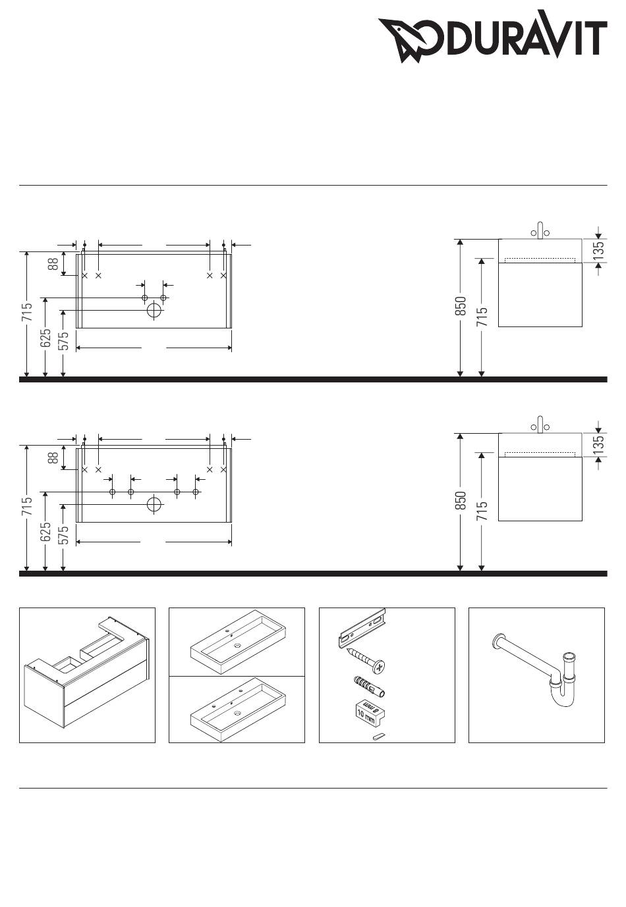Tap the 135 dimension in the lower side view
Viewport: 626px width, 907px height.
(598, 444)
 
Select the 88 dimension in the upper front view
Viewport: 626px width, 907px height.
(53, 264)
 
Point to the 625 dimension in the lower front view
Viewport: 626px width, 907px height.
(45, 531)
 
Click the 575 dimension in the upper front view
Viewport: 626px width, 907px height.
(64, 340)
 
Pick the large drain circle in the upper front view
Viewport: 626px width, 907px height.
(154, 311)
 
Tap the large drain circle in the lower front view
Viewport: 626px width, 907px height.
(154, 505)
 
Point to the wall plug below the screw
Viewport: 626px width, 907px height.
(369, 686)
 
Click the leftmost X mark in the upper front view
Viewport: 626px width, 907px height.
(85, 275)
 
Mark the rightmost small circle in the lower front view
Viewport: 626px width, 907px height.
(196, 492)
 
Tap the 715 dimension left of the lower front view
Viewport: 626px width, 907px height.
(27, 506)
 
